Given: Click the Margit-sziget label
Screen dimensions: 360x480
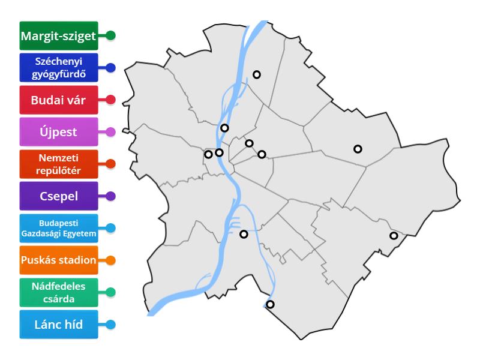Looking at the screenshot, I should coord(58,36).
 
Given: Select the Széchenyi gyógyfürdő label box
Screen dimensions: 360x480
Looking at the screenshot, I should coord(58,68).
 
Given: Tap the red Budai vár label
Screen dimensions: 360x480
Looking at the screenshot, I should coord(58,100).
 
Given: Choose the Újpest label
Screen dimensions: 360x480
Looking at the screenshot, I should coord(58,131).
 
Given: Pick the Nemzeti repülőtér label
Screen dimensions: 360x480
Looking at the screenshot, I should coord(58,163).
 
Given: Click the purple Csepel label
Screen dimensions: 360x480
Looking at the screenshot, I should coord(58,196).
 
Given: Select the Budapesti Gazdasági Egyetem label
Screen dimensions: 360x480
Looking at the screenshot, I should coord(58,228).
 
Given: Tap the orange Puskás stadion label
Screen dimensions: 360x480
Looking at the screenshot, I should coord(58,260).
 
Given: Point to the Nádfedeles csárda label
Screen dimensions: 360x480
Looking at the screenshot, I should coord(58,293).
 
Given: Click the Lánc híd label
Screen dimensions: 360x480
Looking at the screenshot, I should coord(58,325).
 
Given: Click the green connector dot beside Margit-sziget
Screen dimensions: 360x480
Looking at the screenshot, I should coord(110,36).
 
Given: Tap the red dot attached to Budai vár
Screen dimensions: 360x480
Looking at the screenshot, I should coord(110,100).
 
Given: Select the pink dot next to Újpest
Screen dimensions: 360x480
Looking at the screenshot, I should coord(110,131).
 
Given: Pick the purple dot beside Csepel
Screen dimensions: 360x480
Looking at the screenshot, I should coord(110,196).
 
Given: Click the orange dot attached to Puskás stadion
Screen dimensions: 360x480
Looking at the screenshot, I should coord(110,260).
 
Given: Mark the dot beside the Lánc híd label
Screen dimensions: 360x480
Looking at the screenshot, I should coord(110,325).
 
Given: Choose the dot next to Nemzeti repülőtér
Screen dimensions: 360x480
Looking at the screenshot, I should coord(110,163).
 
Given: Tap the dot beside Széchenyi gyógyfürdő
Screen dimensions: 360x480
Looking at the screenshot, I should coord(110,68).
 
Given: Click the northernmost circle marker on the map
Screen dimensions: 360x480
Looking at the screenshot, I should coord(257,74).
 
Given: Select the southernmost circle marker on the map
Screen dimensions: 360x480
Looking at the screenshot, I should coord(270,304).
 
